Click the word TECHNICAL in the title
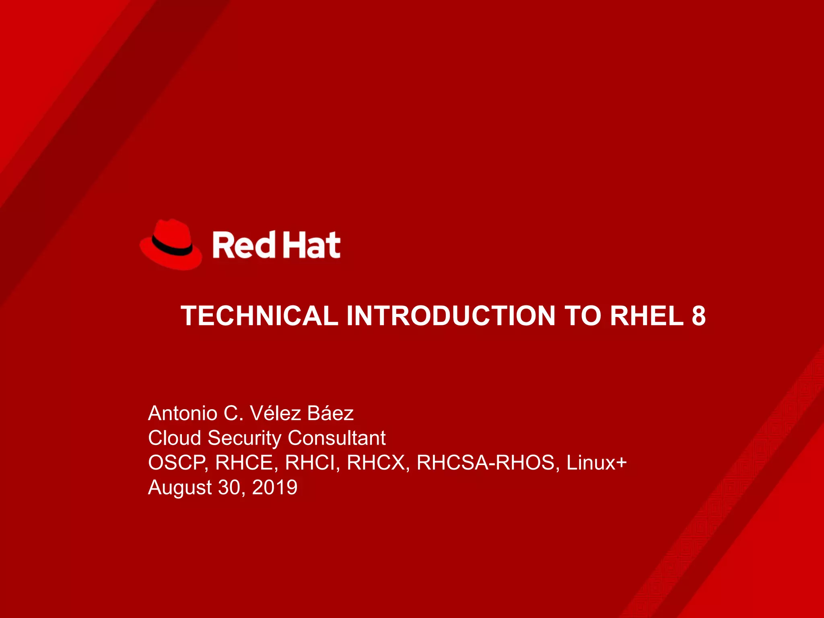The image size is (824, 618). click(259, 315)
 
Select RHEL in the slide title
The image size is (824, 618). click(647, 315)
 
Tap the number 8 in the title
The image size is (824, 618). click(699, 315)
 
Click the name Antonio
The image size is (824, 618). click(183, 413)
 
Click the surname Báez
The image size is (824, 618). click(330, 413)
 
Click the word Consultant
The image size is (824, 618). click(337, 438)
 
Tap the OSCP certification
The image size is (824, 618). click(177, 463)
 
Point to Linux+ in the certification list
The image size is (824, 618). click(597, 463)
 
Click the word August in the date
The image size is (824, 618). click(179, 488)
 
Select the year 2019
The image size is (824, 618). click(275, 487)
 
